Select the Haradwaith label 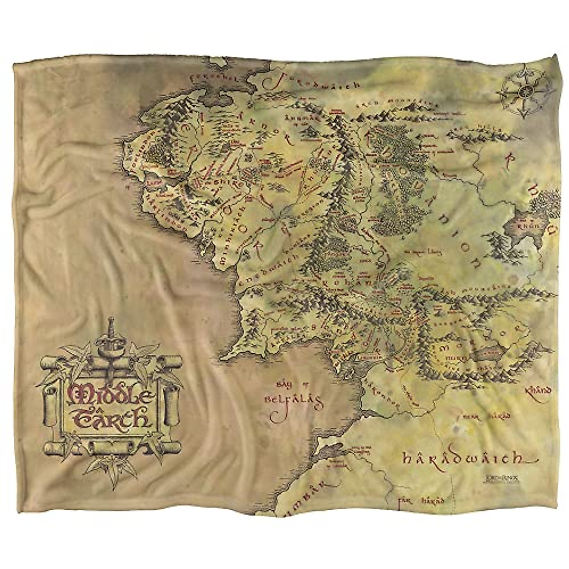click(x=462, y=459)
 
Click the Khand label click(x=539, y=391)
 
